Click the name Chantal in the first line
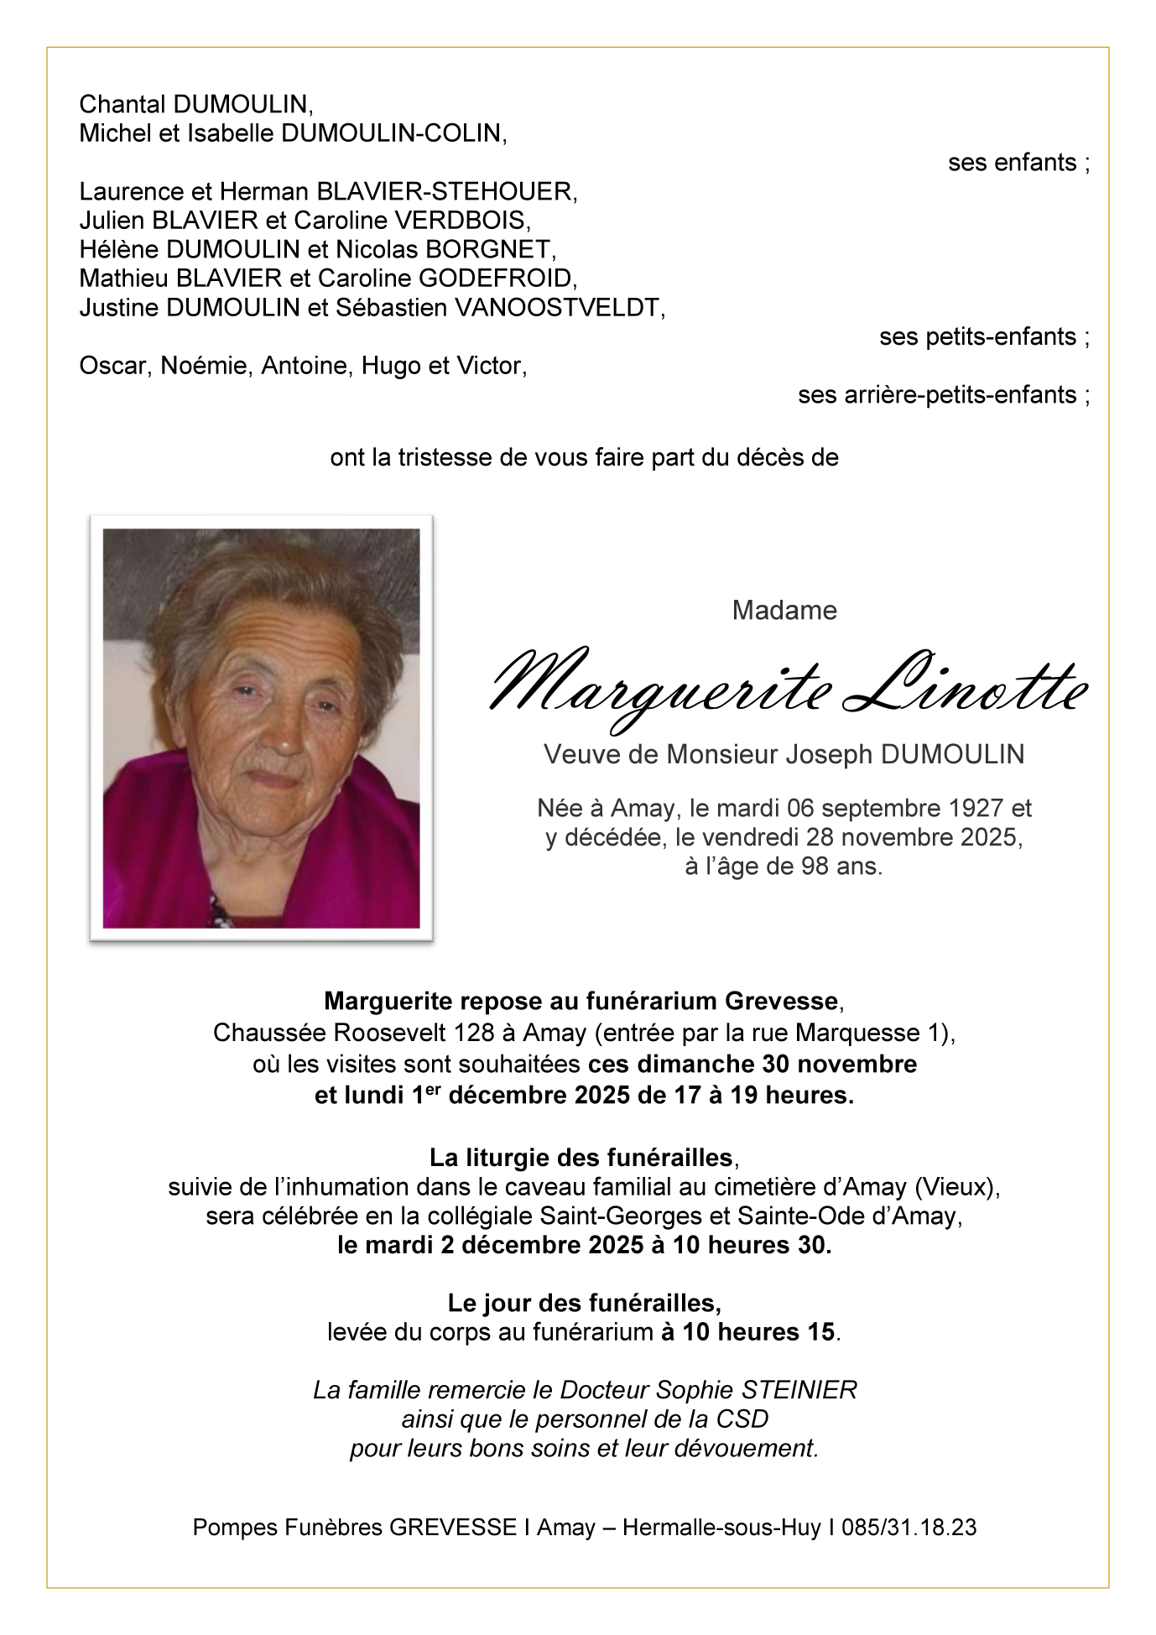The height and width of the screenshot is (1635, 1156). click(122, 105)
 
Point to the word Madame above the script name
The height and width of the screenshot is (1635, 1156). click(784, 610)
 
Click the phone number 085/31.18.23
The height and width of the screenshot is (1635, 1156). click(909, 1527)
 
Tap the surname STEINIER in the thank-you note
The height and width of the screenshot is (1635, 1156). click(799, 1390)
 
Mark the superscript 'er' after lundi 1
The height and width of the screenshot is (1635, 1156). click(433, 1090)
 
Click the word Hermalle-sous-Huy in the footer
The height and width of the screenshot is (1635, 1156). click(721, 1527)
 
